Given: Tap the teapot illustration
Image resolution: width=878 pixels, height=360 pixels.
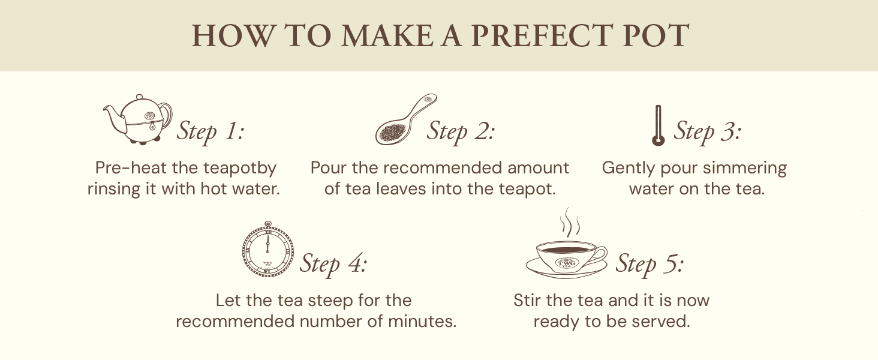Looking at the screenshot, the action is (137, 119).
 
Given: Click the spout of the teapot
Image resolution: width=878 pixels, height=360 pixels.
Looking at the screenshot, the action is (114, 118).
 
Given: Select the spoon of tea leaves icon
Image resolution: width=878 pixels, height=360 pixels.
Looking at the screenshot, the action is (406, 119).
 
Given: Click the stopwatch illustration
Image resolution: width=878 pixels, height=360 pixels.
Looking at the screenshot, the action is (267, 250).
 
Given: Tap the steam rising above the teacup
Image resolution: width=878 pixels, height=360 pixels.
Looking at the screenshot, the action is (570, 223).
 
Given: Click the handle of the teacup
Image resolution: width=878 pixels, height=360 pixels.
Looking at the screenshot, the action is (598, 256).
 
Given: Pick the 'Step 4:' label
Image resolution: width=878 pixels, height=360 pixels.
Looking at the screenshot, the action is (333, 263).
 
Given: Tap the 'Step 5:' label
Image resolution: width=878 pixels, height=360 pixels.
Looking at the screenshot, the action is (650, 263).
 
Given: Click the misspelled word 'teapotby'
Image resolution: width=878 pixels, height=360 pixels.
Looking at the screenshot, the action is (240, 169).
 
